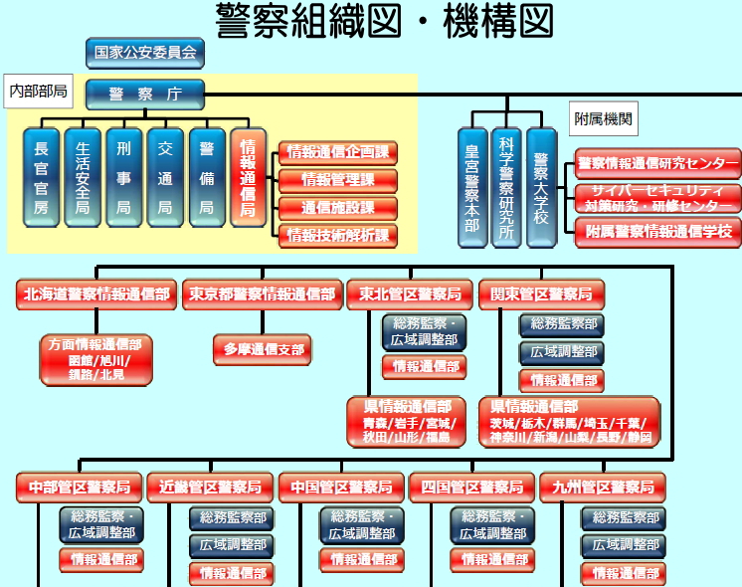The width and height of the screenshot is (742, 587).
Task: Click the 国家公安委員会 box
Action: point(145,53)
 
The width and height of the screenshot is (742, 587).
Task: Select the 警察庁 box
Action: point(145,95)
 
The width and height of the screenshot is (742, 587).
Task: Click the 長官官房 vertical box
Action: point(41,177)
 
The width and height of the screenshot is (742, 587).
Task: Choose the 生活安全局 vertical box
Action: point(83,177)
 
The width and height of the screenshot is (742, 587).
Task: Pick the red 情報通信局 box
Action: point(249,177)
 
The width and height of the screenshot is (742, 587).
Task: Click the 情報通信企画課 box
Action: point(337,153)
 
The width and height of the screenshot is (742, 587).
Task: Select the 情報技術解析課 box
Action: point(337,236)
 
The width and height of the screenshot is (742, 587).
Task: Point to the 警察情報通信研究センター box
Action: point(657,163)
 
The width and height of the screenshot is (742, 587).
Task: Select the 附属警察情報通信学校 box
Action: point(657,232)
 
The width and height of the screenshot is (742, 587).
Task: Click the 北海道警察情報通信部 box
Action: point(96,293)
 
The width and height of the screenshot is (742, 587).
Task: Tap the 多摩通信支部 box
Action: point(262,350)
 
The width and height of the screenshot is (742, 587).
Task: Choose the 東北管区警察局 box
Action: point(410,293)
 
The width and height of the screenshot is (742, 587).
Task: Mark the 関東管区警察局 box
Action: point(540,293)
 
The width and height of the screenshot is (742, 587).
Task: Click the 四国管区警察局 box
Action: point(472,488)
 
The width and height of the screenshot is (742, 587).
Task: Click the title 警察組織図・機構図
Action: point(383,20)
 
